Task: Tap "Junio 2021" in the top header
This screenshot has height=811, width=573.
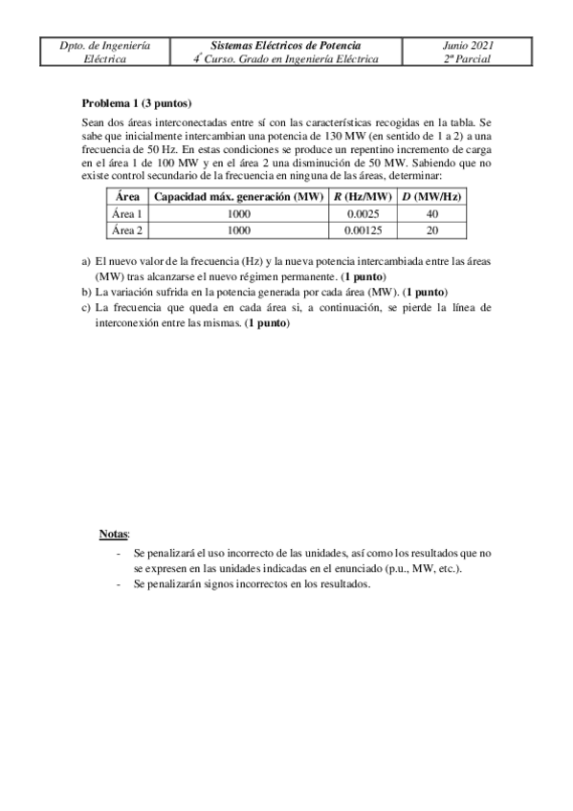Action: pyautogui.click(x=469, y=45)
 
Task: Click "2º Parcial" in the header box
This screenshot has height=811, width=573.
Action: pyautogui.click(x=469, y=58)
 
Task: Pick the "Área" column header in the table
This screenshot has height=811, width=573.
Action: pyautogui.click(x=126, y=196)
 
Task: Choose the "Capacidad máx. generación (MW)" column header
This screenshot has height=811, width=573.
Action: pyautogui.click(x=237, y=196)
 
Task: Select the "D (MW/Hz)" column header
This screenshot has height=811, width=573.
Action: pyautogui.click(x=432, y=196)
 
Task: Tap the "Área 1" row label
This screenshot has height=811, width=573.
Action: pyautogui.click(x=126, y=213)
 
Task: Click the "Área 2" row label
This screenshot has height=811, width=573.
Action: pyautogui.click(x=126, y=230)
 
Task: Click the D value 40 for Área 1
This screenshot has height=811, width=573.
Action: pyautogui.click(x=432, y=213)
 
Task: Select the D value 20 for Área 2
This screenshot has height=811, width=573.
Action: pyautogui.click(x=432, y=230)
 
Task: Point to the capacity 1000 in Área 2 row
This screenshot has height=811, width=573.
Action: pyautogui.click(x=237, y=230)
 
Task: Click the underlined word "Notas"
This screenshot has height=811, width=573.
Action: pyautogui.click(x=114, y=533)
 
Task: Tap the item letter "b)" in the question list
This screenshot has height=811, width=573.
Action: pyautogui.click(x=87, y=292)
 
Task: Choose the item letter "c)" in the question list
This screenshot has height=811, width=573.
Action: pyautogui.click(x=87, y=308)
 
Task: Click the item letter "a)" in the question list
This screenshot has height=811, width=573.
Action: pyautogui.click(x=87, y=261)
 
